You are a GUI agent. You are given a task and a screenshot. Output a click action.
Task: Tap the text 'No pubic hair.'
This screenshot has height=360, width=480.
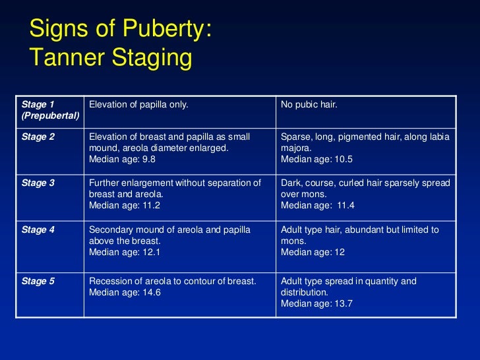[309, 104]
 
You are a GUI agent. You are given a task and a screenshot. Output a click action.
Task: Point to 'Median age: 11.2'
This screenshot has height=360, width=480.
[125, 205]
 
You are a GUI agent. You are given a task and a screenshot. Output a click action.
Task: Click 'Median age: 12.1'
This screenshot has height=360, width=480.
[125, 253]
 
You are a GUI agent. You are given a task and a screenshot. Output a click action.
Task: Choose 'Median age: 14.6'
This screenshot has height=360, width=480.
[125, 292]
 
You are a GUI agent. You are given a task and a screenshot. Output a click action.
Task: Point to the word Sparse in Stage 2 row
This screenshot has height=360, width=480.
[295, 136]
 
